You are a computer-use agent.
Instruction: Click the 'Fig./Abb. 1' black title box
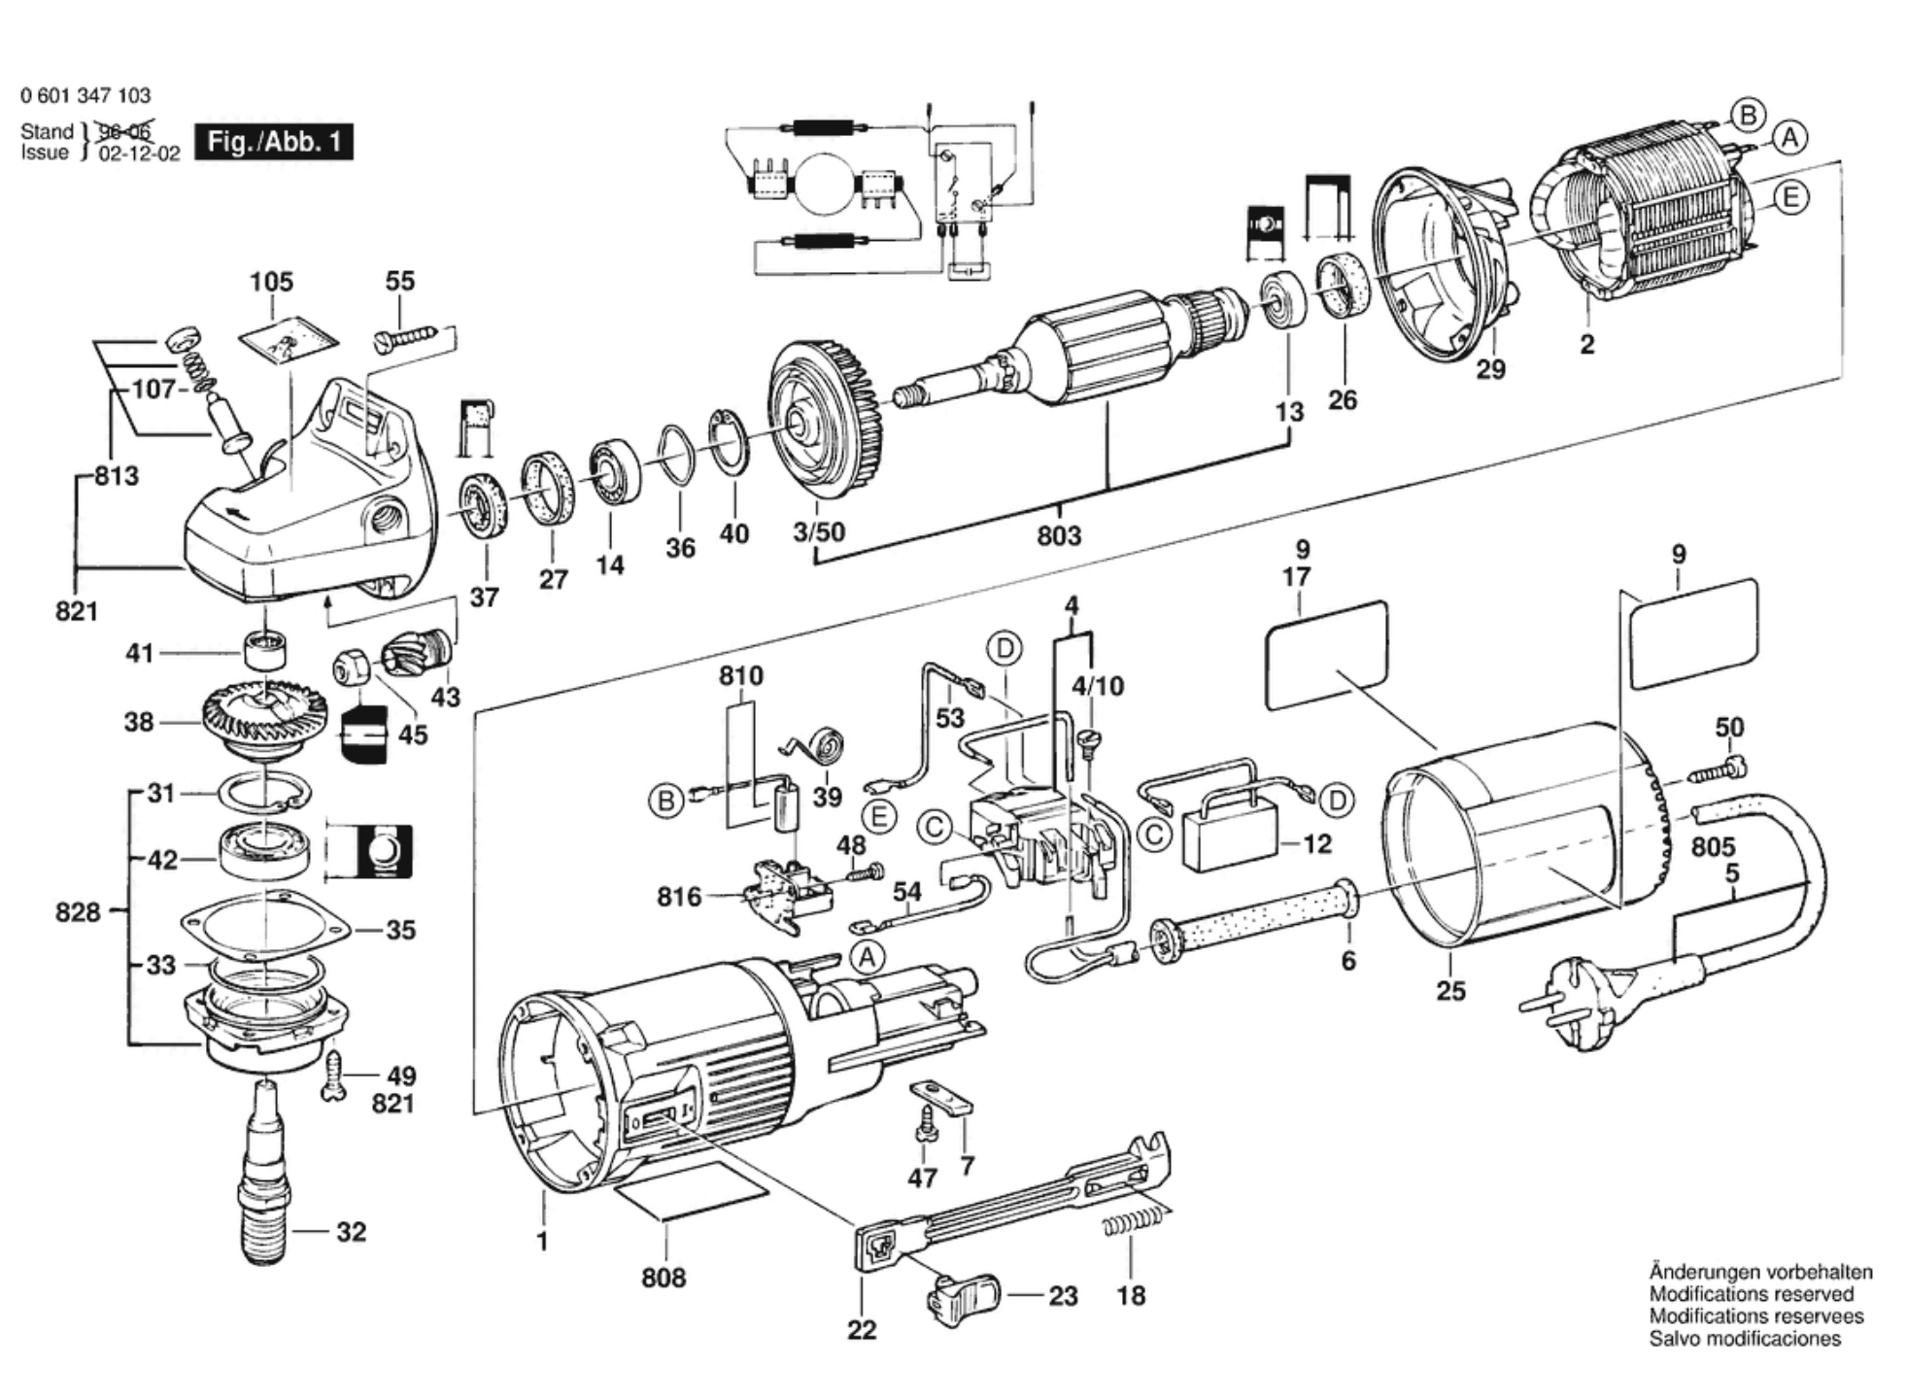pos(274,142)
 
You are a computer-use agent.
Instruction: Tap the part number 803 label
pos(1058,535)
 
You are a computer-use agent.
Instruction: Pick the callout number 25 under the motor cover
pos(1450,991)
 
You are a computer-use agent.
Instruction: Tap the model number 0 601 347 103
pos(85,95)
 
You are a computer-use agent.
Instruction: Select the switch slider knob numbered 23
pos(966,1296)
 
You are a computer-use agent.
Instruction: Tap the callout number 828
pos(78,912)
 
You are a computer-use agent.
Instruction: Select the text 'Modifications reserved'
pos(1751,1294)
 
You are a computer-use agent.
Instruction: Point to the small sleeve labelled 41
pos(265,650)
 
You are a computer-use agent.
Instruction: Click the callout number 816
pos(678,896)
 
